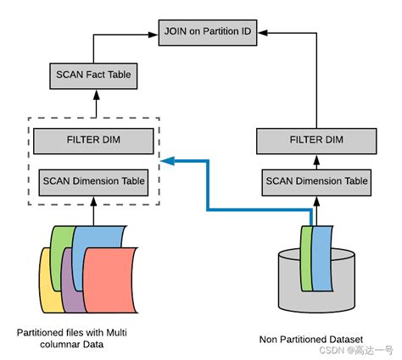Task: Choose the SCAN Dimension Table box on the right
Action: (316, 180)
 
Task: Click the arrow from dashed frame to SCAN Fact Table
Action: (95, 106)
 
